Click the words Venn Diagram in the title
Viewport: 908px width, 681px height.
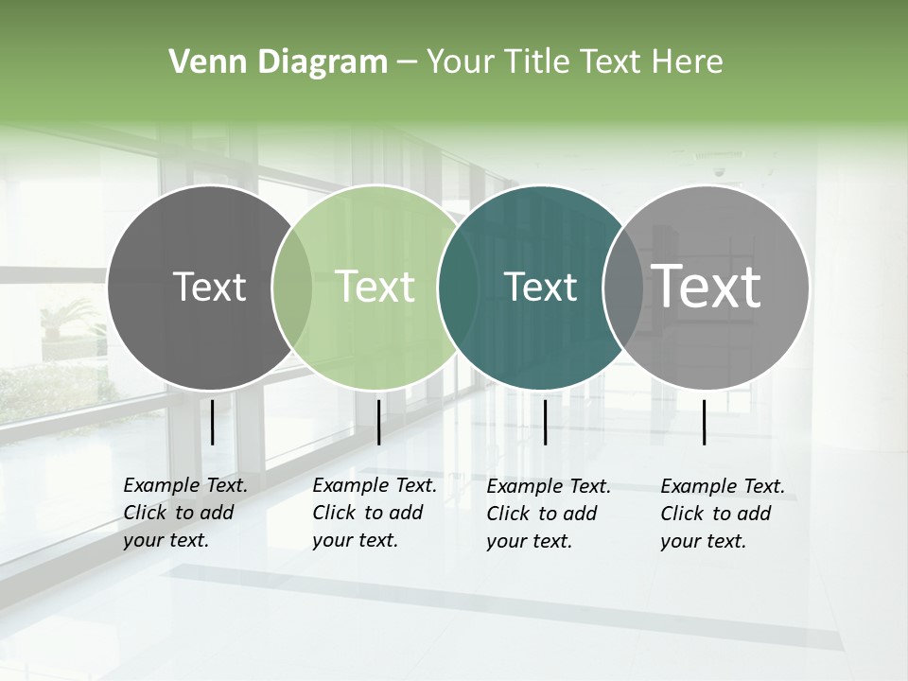pyautogui.click(x=278, y=62)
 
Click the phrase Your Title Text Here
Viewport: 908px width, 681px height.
pyautogui.click(x=574, y=62)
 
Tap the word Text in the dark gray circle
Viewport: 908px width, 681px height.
pyautogui.click(x=210, y=287)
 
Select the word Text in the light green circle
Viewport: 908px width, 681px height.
pyautogui.click(x=375, y=287)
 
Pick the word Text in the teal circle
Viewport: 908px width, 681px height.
pyautogui.click(x=540, y=287)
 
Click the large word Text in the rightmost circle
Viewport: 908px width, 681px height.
pyautogui.click(x=707, y=286)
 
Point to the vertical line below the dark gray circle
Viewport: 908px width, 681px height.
pyautogui.click(x=212, y=422)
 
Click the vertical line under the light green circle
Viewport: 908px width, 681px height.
pyautogui.click(x=378, y=422)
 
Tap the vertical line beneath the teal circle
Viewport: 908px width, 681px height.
pyautogui.click(x=545, y=422)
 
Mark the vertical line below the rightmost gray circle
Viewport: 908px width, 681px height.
pyautogui.click(x=705, y=422)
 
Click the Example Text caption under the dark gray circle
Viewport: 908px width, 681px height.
pyautogui.click(x=185, y=513)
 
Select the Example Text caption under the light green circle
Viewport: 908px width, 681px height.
pyautogui.click(x=375, y=513)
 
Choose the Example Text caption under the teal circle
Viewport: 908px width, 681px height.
pyautogui.click(x=549, y=514)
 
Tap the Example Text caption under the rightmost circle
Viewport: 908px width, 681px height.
pyautogui.click(x=723, y=514)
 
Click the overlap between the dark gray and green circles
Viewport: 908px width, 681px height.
pyautogui.click(x=291, y=287)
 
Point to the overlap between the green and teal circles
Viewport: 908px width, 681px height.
pyautogui.click(x=457, y=287)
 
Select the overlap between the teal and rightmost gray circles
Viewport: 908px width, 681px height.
pyautogui.click(x=622, y=287)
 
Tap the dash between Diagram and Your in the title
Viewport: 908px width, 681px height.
pyautogui.click(x=407, y=62)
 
